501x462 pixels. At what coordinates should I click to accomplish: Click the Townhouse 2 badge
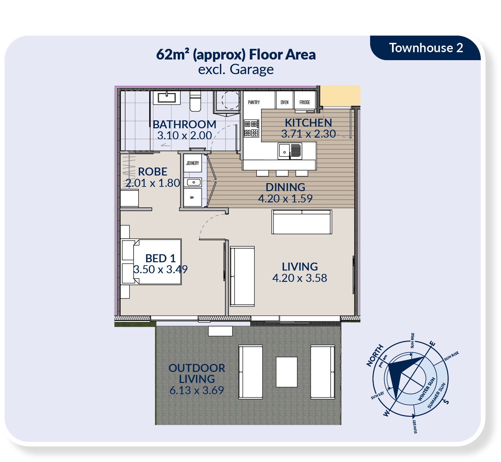point(425,48)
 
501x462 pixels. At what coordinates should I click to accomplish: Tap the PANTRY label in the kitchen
point(254,102)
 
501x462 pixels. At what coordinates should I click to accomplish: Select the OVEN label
point(285,102)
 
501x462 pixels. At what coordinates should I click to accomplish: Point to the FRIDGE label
point(305,102)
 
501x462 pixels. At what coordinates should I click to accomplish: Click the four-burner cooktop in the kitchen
point(251,128)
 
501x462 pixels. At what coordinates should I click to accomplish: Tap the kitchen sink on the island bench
point(290,151)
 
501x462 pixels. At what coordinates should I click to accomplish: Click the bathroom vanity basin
point(166,98)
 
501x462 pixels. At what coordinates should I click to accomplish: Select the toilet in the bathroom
point(195,101)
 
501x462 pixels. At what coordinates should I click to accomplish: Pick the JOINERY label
point(192,163)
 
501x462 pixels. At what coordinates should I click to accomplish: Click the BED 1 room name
point(160,258)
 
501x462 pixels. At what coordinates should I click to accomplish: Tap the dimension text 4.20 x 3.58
point(300,278)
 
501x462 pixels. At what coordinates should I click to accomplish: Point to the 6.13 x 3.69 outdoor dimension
point(197,390)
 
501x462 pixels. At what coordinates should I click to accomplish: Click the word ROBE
point(152,172)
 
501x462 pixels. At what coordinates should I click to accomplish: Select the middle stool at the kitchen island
point(282,173)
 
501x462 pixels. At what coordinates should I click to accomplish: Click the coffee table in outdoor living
point(287,372)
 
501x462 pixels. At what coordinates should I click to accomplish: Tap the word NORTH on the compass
point(375,356)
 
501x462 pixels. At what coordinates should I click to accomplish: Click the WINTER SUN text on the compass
point(427,389)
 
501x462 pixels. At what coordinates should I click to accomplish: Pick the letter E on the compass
point(432,344)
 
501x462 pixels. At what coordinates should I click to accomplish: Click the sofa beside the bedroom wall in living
point(242,277)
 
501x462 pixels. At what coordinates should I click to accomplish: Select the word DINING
point(285,187)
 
